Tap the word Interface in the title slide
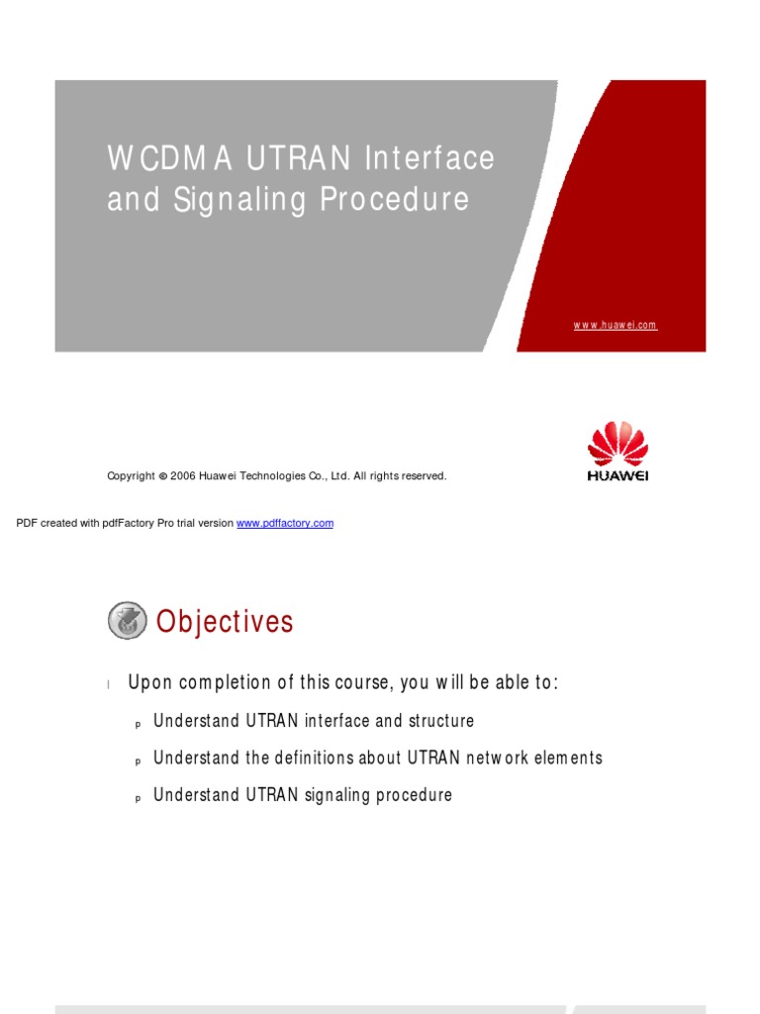[429, 158]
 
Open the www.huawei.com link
[616, 325]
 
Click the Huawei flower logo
[617, 445]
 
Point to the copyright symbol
[162, 476]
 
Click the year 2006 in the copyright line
[183, 476]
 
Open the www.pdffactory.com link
[285, 523]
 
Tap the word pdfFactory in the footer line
[125, 523]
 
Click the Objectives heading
[225, 622]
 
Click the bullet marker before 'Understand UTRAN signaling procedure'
[138, 797]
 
